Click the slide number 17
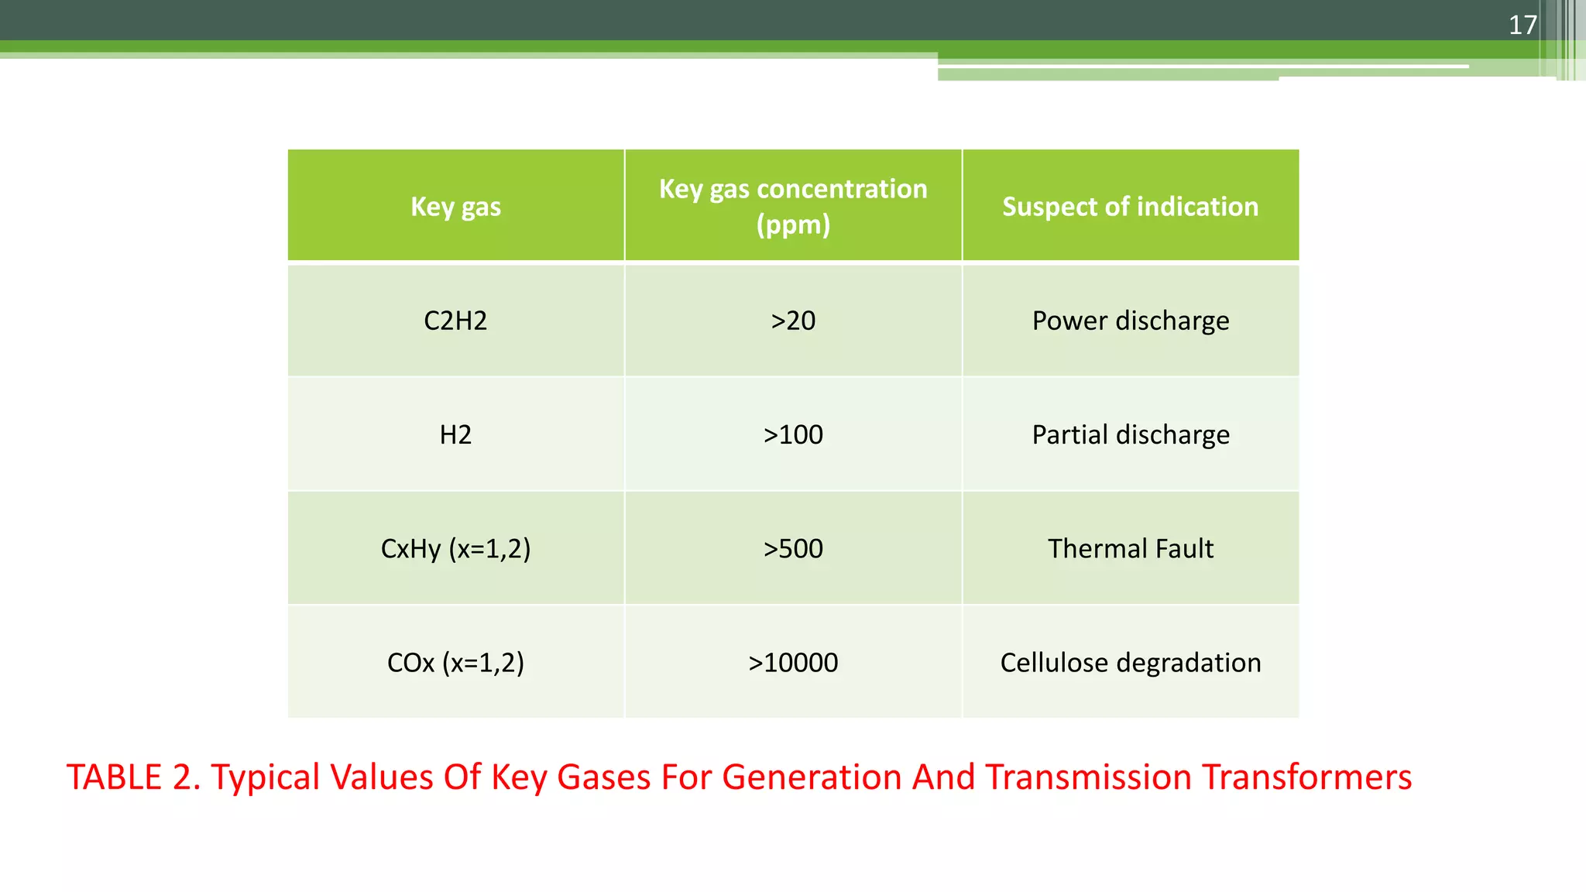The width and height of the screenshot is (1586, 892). [x=1522, y=25]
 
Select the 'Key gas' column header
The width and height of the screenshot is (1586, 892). [x=455, y=207]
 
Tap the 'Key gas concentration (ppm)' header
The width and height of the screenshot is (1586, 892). [x=793, y=206]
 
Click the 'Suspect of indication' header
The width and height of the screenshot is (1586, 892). [x=1130, y=207]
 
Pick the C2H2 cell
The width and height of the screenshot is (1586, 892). [x=455, y=321]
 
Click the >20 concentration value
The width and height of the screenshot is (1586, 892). [x=793, y=321]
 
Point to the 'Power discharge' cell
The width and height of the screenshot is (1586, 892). [x=1130, y=321]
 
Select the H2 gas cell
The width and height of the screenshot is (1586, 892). [x=455, y=434]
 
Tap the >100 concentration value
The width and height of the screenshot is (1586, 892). [x=793, y=434]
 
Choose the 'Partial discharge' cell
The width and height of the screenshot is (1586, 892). [x=1130, y=434]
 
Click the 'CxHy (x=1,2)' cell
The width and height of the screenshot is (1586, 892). [x=455, y=548]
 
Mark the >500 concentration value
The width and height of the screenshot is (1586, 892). [x=793, y=548]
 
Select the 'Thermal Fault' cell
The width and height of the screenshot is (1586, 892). [x=1130, y=548]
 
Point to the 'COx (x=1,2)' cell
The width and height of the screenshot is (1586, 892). [x=455, y=663]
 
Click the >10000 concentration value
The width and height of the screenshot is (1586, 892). [x=793, y=663]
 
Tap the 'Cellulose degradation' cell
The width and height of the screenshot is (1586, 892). [x=1130, y=663]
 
